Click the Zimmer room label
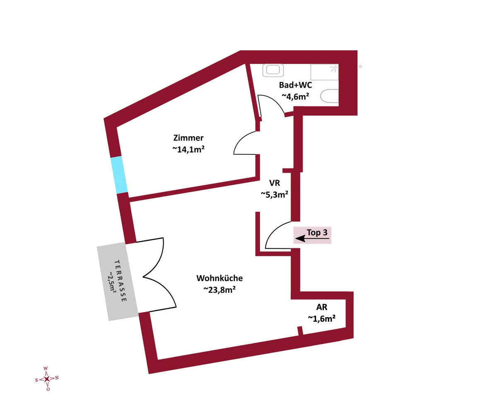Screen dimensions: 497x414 pyautogui.click(x=188, y=138)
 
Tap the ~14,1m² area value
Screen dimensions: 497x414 pyautogui.click(x=188, y=149)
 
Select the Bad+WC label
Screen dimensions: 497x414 pyautogui.click(x=295, y=85)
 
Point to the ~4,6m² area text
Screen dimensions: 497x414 pyautogui.click(x=295, y=96)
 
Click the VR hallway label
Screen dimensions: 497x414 pyautogui.click(x=275, y=183)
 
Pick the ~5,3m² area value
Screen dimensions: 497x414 pyautogui.click(x=275, y=195)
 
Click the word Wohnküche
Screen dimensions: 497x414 pyautogui.click(x=220, y=278)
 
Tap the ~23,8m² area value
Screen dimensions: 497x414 pyautogui.click(x=220, y=289)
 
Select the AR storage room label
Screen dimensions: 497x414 pyautogui.click(x=321, y=307)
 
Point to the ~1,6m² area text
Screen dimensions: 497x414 pyautogui.click(x=321, y=318)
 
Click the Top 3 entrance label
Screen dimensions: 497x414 pyautogui.click(x=317, y=232)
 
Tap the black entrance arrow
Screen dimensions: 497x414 pyautogui.click(x=312, y=238)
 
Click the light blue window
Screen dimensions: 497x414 pyautogui.click(x=119, y=175)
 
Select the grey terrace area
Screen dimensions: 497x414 pyautogui.click(x=117, y=282)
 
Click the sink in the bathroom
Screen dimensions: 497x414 pyautogui.click(x=273, y=70)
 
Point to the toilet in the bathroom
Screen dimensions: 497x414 pyautogui.click(x=329, y=96)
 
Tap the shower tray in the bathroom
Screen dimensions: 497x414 pyautogui.click(x=325, y=72)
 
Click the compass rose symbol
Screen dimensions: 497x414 pyautogui.click(x=47, y=379)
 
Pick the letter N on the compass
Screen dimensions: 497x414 pyautogui.click(x=57, y=378)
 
